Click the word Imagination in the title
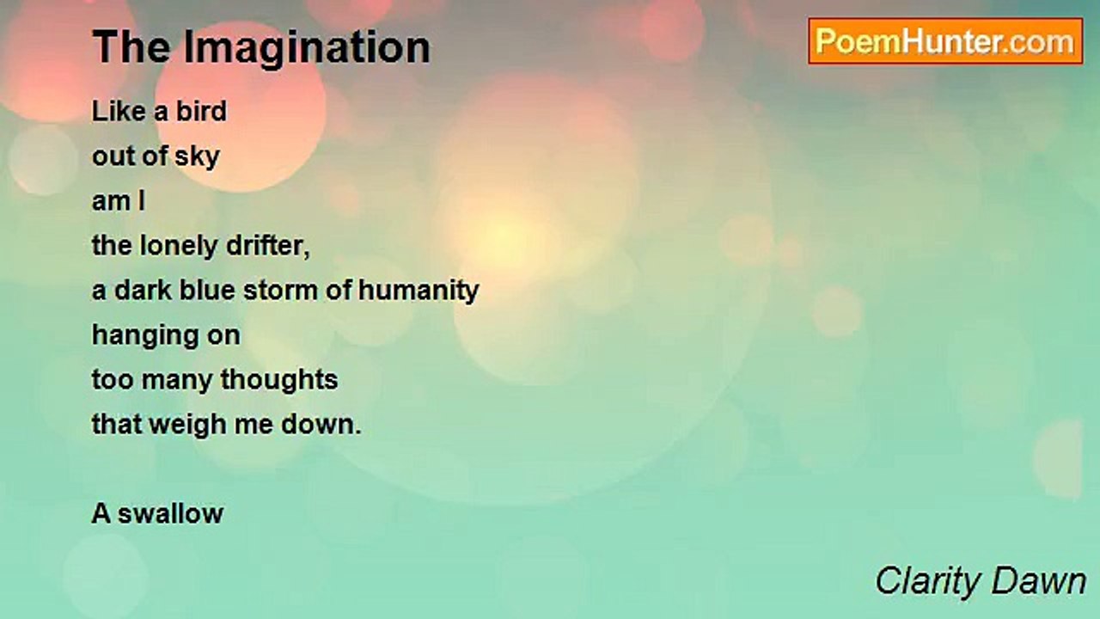pos(307,47)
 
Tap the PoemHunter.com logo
pos(945,41)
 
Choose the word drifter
pos(268,246)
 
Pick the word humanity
pos(419,291)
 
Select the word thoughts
pos(279,379)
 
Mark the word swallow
pos(170,513)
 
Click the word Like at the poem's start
pos(119,111)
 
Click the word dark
pos(143,290)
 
